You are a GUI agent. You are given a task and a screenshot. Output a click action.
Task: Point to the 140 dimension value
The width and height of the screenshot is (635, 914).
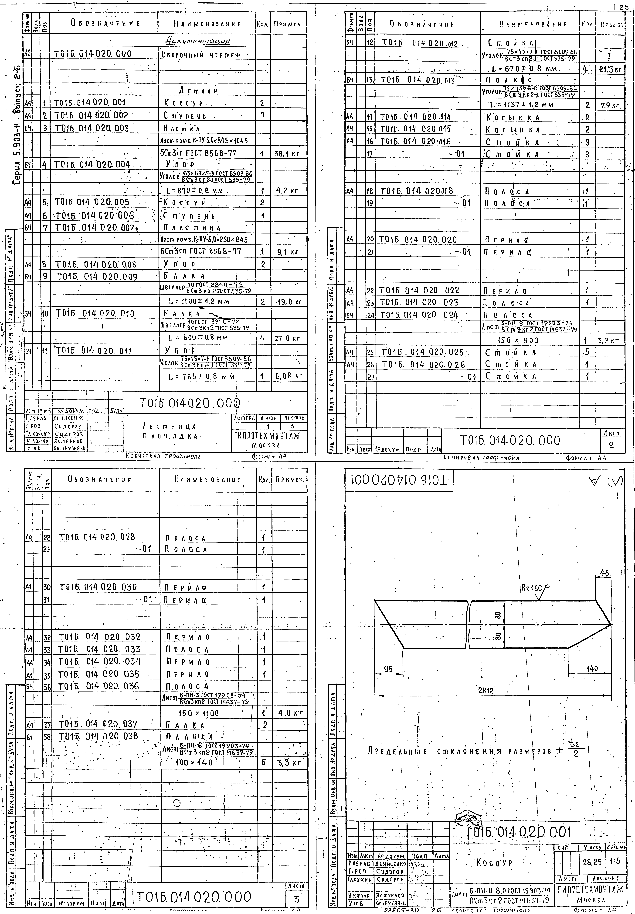point(592,669)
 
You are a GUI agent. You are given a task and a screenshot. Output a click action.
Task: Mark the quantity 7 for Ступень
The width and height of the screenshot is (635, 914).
point(262,115)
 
